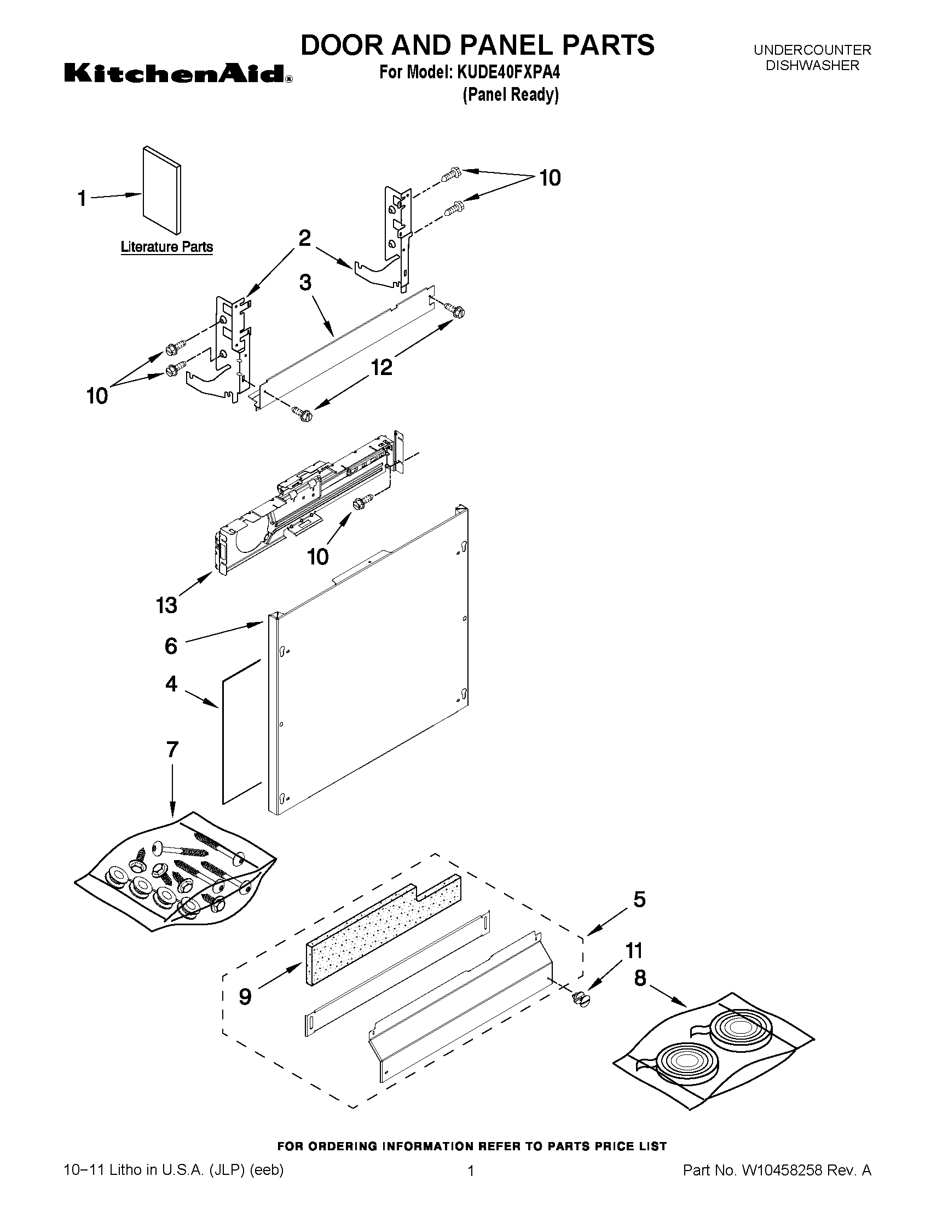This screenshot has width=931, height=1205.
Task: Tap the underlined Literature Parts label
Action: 166,246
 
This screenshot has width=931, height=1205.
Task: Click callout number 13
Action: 166,606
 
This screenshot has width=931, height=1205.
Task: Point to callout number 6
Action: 171,645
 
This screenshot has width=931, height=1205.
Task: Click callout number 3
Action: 305,282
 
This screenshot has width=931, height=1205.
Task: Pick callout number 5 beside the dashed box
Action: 639,900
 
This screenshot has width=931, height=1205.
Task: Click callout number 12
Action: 381,367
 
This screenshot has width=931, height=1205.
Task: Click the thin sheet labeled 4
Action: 241,734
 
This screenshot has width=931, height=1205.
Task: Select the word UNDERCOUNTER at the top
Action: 812,50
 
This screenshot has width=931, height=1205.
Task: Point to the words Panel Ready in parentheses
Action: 511,95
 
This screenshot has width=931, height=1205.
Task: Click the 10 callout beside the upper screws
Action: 550,178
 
